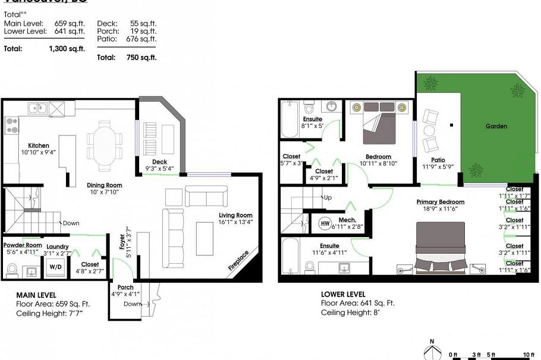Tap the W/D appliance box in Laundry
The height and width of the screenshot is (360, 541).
coord(55,266)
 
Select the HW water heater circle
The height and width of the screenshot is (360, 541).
coord(325,223)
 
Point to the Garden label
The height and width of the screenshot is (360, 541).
coord(496,126)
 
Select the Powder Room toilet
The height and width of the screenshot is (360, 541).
coord(11,270)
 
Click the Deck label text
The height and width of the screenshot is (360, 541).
coord(159,162)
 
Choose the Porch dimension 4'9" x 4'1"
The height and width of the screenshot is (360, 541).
coord(125,293)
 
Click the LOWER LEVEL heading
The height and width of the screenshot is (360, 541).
coord(343,294)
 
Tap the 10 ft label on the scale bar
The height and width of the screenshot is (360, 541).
coord(528,355)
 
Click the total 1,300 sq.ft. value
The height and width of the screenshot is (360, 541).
coord(67,49)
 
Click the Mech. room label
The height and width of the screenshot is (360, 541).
coord(347,220)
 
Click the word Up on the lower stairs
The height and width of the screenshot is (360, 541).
coord(327,197)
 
